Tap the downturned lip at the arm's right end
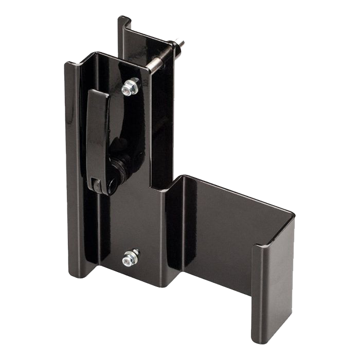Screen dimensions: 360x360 pyautogui.click(x=272, y=288)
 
